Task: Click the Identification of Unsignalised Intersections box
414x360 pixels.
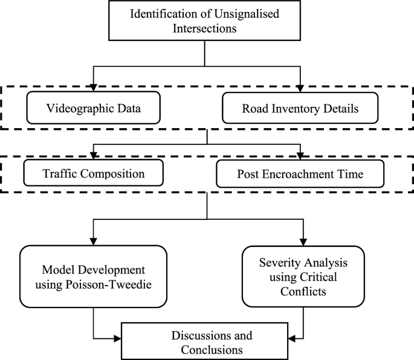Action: [206, 22]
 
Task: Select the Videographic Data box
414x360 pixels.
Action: [94, 109]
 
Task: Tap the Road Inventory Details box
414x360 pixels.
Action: [300, 109]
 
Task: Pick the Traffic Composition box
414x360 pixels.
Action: [94, 174]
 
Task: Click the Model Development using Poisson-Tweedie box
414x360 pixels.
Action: [93, 277]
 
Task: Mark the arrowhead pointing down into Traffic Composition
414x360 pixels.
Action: [94, 155]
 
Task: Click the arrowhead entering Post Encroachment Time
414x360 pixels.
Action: [300, 155]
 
